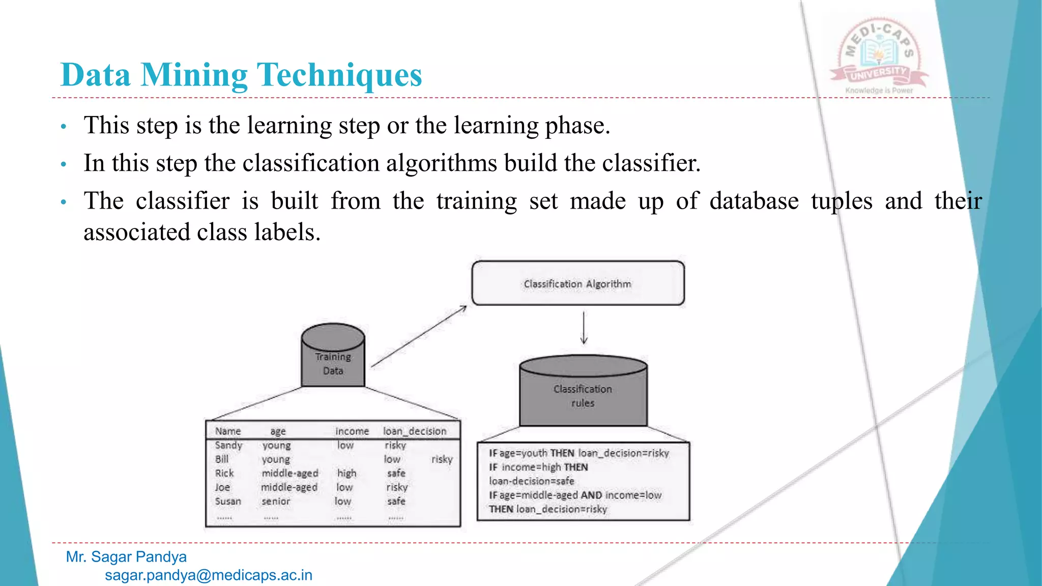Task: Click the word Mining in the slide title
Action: (x=194, y=75)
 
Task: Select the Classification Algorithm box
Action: (x=577, y=284)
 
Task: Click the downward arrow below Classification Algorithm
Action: (x=584, y=328)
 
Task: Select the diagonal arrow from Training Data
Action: (x=419, y=336)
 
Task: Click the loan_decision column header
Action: (x=414, y=431)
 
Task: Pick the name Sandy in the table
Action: (x=228, y=446)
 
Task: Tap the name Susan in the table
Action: (x=227, y=502)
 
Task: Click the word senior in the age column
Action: (x=275, y=502)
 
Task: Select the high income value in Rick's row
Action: (x=346, y=474)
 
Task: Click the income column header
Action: (x=352, y=431)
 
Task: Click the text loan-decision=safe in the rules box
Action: (x=531, y=481)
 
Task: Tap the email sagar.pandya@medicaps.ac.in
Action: (x=208, y=575)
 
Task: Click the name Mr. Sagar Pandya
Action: (x=126, y=557)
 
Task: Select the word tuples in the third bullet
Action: (x=842, y=201)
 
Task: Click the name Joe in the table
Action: (x=222, y=487)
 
